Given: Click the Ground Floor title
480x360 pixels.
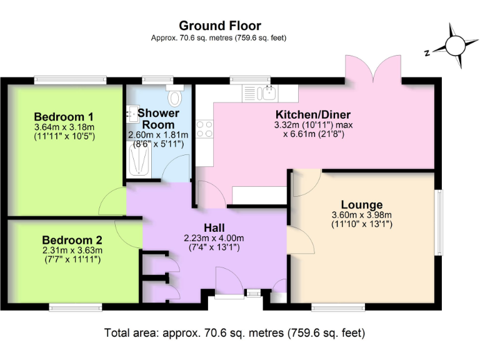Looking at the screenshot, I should click(x=220, y=26).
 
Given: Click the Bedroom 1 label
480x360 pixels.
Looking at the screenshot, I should click(x=64, y=117).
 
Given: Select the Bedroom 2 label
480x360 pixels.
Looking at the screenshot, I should click(x=72, y=239).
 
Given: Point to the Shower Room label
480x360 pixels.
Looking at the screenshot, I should click(x=158, y=119).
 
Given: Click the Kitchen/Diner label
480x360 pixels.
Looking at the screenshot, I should click(x=313, y=115).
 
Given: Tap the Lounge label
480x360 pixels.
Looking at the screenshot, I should click(x=362, y=205).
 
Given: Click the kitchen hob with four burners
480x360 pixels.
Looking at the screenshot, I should click(x=204, y=129).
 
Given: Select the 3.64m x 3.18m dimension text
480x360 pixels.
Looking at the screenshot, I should click(x=64, y=127).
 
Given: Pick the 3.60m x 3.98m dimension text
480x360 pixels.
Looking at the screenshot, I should click(x=361, y=216).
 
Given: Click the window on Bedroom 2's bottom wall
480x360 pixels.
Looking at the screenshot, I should click(x=76, y=306).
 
